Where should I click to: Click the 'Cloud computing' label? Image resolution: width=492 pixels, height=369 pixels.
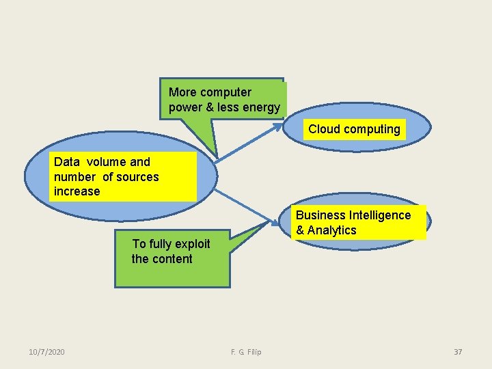tap(354, 129)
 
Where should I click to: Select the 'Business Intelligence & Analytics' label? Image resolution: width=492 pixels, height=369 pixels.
tap(353, 223)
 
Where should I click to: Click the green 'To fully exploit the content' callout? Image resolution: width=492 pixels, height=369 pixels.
tap(172, 258)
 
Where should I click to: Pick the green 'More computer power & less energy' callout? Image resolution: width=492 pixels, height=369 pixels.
tap(224, 100)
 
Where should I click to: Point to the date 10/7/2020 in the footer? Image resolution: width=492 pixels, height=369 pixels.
tap(47, 352)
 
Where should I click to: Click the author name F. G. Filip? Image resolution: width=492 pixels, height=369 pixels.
tap(246, 352)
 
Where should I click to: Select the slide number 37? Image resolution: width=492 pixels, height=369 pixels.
tap(458, 352)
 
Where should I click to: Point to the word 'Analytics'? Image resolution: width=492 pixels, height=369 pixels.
tap(332, 230)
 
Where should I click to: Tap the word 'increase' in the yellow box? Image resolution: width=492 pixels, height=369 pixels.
tap(77, 191)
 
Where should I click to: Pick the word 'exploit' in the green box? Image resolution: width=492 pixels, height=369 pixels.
tap(192, 244)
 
